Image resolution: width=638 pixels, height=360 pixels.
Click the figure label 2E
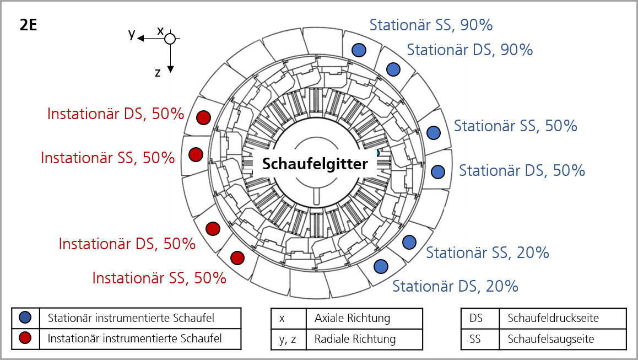tap(28, 25)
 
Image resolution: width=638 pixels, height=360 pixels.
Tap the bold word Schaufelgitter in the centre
tap(315, 164)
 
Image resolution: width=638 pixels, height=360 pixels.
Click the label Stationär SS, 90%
tap(431, 25)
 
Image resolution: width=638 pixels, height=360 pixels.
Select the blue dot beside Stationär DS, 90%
tap(393, 69)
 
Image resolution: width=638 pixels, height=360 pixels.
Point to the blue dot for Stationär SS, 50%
tap(434, 132)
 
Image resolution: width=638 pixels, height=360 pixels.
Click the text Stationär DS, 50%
tap(522, 171)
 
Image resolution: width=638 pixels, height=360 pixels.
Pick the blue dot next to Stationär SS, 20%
tap(409, 243)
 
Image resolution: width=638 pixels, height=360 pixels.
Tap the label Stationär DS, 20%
tap(455, 286)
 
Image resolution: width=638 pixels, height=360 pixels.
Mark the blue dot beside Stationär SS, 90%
tap(359, 50)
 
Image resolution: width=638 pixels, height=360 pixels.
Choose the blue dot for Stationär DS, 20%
tap(381, 267)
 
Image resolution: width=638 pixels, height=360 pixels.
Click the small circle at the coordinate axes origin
tap(170, 39)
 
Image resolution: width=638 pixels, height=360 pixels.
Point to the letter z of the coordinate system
tap(158, 73)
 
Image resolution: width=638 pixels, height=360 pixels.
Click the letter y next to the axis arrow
tap(132, 34)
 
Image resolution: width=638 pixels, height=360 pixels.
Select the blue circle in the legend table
tap(25, 318)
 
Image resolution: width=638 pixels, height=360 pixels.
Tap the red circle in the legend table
tap(25, 338)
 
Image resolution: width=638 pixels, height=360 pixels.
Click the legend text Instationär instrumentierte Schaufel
tap(134, 338)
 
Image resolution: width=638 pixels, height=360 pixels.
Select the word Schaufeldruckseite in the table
tap(553, 318)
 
